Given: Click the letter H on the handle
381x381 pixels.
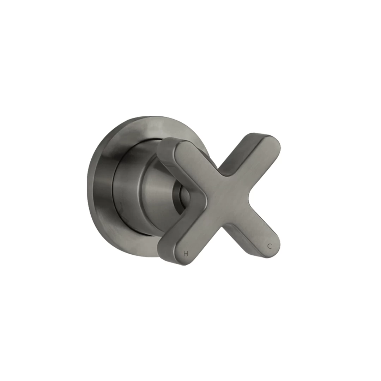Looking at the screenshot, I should point(186,253).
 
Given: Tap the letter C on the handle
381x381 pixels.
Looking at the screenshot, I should point(270,246).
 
